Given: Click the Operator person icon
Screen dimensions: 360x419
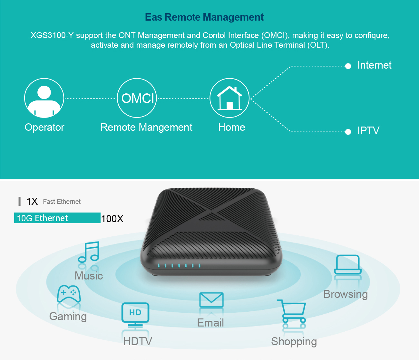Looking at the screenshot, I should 44,98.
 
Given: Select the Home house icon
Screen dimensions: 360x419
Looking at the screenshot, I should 229,98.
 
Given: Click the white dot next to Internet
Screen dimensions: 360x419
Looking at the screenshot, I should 348,66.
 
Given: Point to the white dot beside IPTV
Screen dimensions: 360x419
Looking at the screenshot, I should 348,132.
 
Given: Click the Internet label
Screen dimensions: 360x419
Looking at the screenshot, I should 374,65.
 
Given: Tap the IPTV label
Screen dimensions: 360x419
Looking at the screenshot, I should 368,131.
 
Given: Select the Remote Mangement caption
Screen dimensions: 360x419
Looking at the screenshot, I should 146,128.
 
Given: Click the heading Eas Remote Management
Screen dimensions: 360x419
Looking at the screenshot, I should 204,17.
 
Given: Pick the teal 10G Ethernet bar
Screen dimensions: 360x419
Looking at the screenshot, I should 57,218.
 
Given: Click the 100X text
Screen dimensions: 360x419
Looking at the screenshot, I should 112,219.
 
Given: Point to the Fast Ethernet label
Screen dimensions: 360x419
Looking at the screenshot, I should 62,202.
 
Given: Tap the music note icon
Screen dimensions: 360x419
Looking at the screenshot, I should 89,252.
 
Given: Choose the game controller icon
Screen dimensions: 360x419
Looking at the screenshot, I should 69,294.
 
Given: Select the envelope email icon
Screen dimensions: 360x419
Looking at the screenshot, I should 211,300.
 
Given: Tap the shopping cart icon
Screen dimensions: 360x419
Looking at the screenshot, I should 292,311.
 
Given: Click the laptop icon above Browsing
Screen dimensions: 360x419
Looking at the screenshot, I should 347,265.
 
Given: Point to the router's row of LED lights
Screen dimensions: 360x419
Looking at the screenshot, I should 179,266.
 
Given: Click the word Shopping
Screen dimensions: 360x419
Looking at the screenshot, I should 294,342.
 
